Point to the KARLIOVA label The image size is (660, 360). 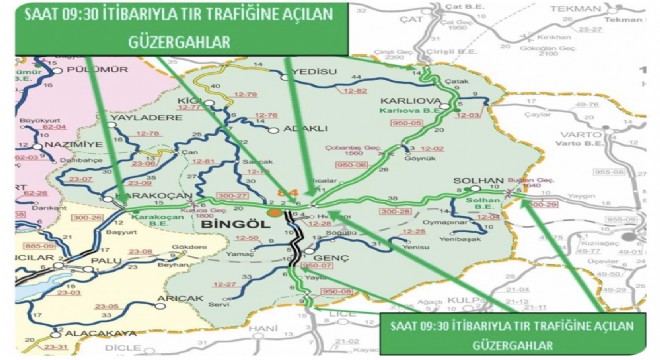403,102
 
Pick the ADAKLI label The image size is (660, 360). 278,129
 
